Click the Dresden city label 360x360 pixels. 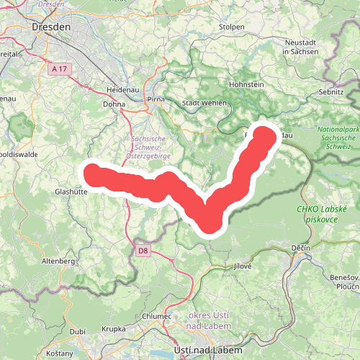[x=52, y=27]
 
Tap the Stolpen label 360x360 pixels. [x=232, y=27]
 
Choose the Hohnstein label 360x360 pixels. [x=246, y=84]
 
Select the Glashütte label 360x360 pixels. [x=71, y=192]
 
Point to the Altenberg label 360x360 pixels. [x=58, y=261]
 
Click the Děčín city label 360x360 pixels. [x=301, y=248]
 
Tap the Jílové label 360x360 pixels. [x=242, y=266]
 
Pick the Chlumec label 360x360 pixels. [x=157, y=316]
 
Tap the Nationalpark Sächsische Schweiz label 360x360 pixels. [x=334, y=138]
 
